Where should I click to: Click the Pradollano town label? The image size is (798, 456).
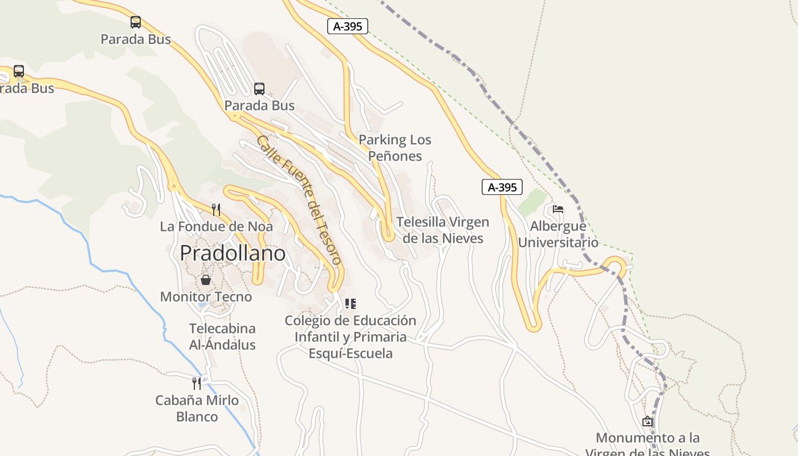[x=233, y=253]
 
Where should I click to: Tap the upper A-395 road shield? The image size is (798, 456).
[x=348, y=26]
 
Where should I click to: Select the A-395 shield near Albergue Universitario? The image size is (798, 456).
[x=502, y=187]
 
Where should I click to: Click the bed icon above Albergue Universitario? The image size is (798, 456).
[x=558, y=209]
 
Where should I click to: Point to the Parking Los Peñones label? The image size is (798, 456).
[x=395, y=148]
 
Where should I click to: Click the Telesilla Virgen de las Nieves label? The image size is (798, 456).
[x=443, y=230]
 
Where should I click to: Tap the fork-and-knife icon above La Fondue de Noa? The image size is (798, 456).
[x=216, y=210]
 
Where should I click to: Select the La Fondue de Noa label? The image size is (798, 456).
[x=216, y=226]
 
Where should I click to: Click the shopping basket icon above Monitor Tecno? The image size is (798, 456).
[x=206, y=280]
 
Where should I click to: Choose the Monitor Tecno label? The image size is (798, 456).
[x=206, y=296]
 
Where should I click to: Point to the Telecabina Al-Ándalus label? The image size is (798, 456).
[x=222, y=336]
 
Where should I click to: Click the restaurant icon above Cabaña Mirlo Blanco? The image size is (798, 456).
[x=197, y=383]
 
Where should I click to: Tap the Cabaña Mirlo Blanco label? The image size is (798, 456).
[x=197, y=408]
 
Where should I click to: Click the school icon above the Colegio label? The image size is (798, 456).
[x=351, y=304]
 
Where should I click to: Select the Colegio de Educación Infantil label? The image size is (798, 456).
[x=351, y=336]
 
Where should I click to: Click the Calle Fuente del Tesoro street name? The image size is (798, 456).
[x=299, y=199]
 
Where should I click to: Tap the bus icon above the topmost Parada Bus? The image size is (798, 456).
[x=136, y=22]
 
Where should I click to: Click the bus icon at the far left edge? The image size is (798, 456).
[x=19, y=71]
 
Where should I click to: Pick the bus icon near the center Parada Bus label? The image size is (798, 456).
[x=259, y=89]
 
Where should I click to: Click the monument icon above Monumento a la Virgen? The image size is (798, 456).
[x=648, y=422]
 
